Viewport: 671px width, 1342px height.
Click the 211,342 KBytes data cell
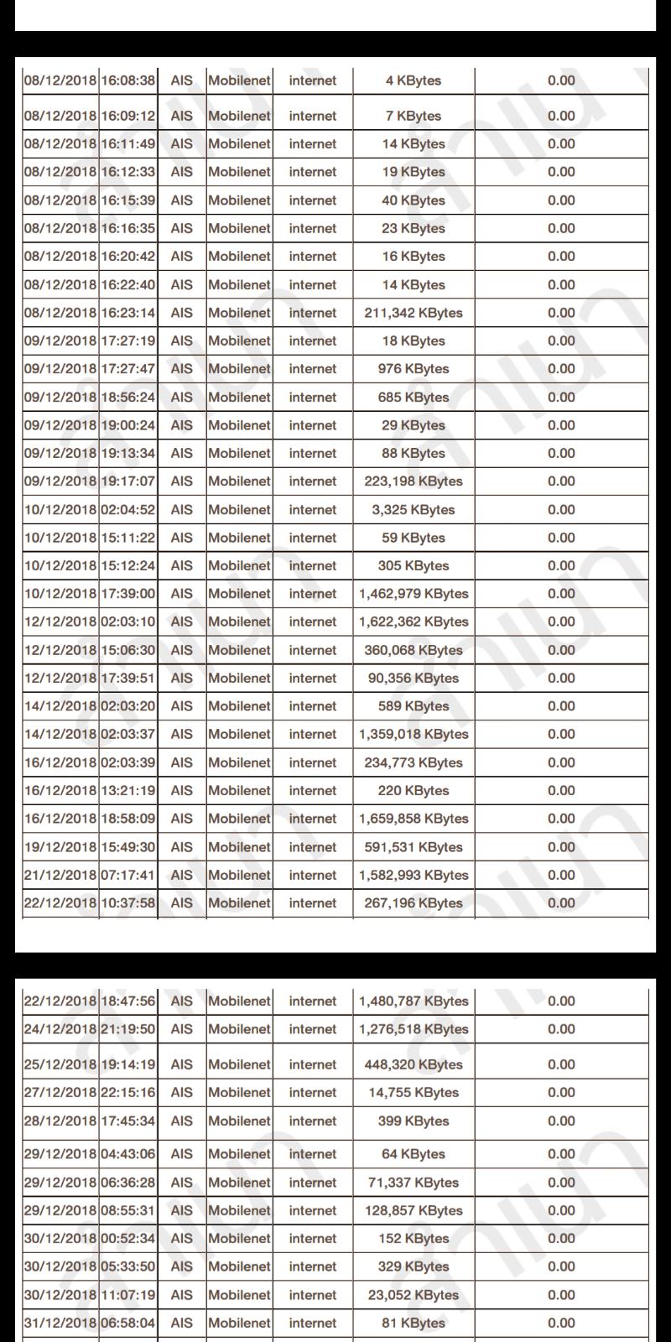414,313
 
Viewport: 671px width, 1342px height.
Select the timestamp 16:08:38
128,81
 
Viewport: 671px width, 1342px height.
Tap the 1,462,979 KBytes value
414,594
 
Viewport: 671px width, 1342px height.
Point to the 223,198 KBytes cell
414,481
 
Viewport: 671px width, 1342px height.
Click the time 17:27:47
128,369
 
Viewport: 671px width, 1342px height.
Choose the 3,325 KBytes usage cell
414,510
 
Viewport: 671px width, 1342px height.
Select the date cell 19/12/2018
60,847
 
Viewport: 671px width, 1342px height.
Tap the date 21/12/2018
60,875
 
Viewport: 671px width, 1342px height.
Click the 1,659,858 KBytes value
414,819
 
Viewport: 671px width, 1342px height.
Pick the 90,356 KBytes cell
414,679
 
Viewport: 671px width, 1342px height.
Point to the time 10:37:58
128,903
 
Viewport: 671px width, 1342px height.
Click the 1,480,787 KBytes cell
414,1001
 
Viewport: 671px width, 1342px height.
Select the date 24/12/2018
60,1029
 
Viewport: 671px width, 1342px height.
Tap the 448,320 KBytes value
414,1064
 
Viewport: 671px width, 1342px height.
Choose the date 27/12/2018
60,1093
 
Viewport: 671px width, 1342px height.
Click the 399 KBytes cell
414,1121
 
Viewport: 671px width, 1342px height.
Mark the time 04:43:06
128,1154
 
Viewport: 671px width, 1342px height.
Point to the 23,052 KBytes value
414,1295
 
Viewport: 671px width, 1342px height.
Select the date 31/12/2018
60,1323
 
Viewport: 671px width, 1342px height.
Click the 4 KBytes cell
414,81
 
